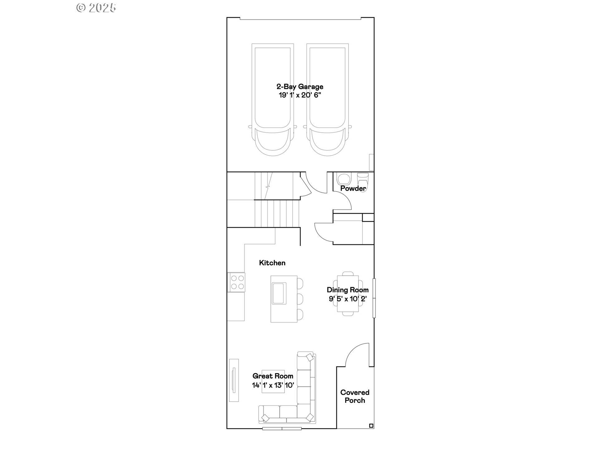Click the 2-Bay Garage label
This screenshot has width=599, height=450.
[x=299, y=87]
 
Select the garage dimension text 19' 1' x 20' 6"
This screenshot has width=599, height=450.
[x=299, y=95]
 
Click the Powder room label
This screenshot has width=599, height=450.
[x=353, y=188]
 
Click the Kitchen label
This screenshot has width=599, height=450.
[x=272, y=263]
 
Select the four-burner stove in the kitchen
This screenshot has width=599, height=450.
[x=237, y=282]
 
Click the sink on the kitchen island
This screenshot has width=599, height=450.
[x=279, y=293]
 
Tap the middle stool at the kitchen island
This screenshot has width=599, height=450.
[x=300, y=299]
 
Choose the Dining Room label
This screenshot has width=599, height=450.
[x=348, y=290]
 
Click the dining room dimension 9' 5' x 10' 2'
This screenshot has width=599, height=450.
[x=348, y=299]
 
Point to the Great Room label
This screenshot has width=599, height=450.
[x=273, y=376]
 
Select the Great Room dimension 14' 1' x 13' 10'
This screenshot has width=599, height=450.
[x=273, y=385]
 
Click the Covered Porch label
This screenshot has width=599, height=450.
[x=355, y=396]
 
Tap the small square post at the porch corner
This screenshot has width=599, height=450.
[x=371, y=426]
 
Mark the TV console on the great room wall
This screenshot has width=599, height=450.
[x=234, y=380]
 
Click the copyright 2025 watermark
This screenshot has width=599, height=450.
[x=96, y=8]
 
